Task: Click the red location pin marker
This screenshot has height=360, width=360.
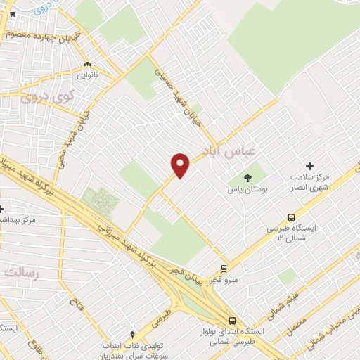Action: click(x=181, y=165)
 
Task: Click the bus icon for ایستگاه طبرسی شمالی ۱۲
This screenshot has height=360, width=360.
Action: click(x=291, y=217)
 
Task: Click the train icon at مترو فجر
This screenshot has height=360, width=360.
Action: click(x=224, y=267)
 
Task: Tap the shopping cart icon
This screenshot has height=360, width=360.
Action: click(x=11, y=14)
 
